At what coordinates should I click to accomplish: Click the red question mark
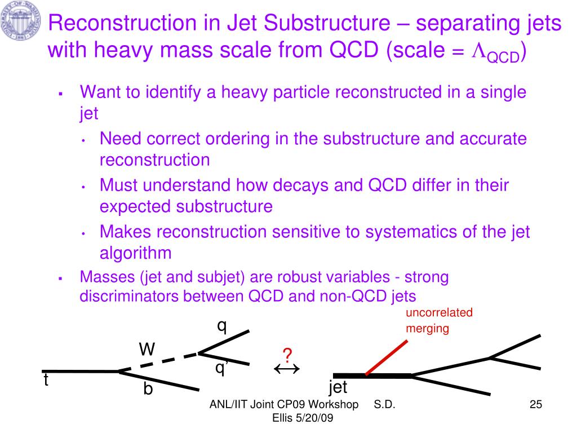click(x=287, y=356)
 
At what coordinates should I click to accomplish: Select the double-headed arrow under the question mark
click(x=286, y=369)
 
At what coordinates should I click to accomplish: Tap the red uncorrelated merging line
click(x=386, y=357)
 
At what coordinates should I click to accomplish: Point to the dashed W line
click(x=159, y=362)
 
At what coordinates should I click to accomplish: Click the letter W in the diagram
click(x=147, y=350)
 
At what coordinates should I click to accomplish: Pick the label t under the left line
click(x=46, y=381)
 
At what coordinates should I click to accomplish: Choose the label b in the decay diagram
click(x=148, y=388)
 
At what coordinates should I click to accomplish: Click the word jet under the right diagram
click(x=338, y=387)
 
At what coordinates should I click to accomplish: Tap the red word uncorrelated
click(x=439, y=313)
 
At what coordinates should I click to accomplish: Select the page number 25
click(x=535, y=405)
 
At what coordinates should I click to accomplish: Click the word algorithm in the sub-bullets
click(x=135, y=253)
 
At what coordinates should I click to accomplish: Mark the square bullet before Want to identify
click(x=60, y=93)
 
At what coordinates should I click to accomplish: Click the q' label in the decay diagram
click(x=220, y=368)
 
